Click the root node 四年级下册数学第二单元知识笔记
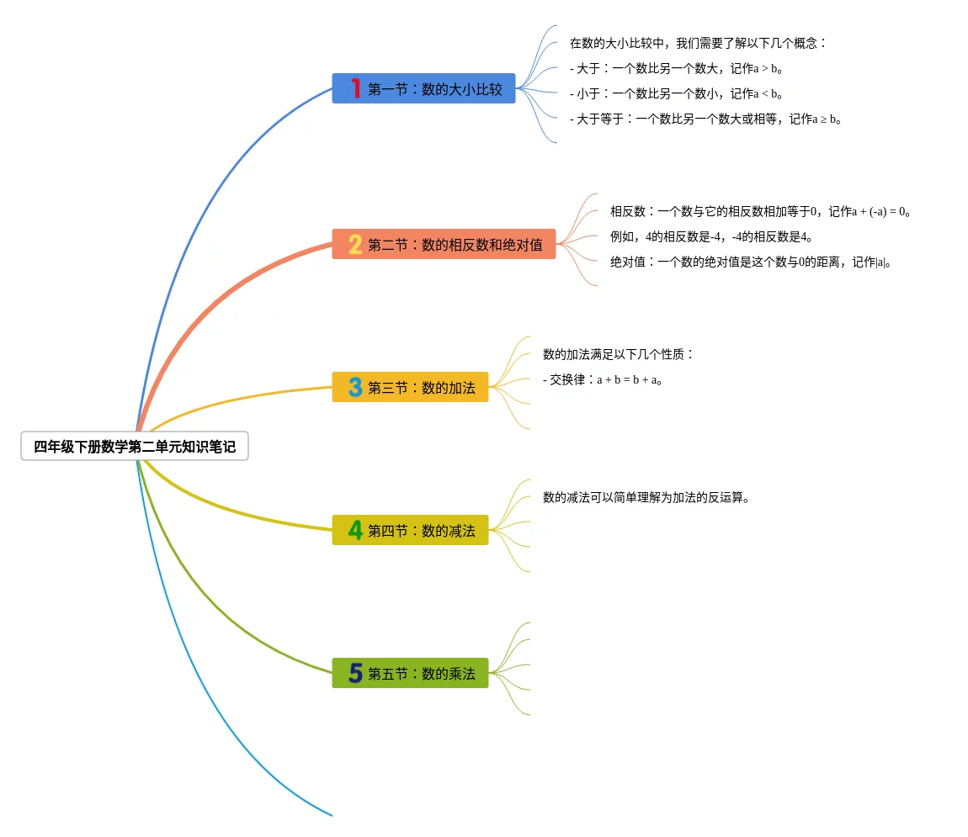[x=135, y=447]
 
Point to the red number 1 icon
[x=355, y=88]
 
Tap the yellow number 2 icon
[x=355, y=245]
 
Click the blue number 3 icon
[x=355, y=388]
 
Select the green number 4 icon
[x=355, y=531]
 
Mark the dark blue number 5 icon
[x=355, y=674]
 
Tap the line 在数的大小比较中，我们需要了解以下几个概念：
[x=698, y=43]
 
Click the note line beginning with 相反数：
[x=761, y=211]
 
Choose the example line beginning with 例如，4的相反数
[x=711, y=236]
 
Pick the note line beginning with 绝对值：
[x=751, y=262]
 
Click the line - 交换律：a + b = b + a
[x=604, y=379]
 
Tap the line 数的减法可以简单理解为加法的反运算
[x=646, y=497]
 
